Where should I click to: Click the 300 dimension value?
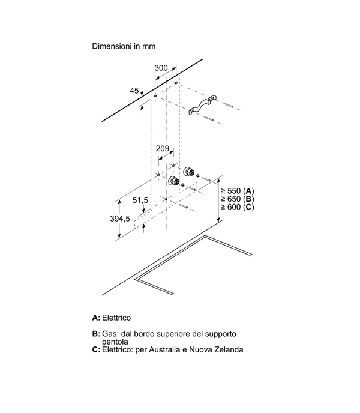pos(161,68)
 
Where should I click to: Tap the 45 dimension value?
pos(134,91)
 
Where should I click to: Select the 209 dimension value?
pos(163,148)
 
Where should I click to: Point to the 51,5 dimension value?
pos(140,200)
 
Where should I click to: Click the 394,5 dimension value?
pos(120,219)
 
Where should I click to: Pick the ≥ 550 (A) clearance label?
pos(237,191)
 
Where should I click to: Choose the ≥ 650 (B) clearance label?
pos(237,199)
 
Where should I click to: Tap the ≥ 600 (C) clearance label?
pos(237,207)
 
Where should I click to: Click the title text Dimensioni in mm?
pos(124,46)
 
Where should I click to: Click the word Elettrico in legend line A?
pos(116,318)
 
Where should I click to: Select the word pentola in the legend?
pos(115,342)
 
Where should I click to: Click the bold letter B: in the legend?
pos(96,334)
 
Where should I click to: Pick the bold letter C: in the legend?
pos(96,349)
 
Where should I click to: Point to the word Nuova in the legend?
pos(199,349)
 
